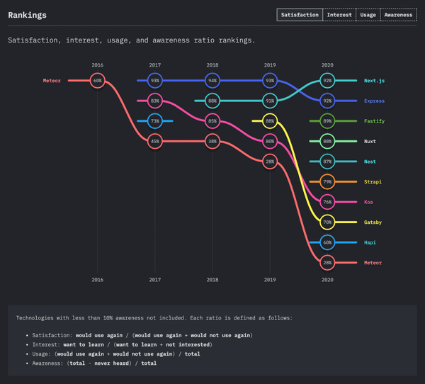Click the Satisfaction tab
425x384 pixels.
tap(299, 14)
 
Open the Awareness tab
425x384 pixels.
tap(399, 14)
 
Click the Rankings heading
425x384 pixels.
tap(27, 14)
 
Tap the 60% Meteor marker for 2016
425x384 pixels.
tap(98, 81)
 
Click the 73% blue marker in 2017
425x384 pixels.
tap(155, 121)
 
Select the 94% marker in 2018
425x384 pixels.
tap(212, 81)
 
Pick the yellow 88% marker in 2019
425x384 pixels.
tap(270, 121)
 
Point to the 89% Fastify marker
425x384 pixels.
tap(327, 121)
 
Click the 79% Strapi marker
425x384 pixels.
tap(327, 182)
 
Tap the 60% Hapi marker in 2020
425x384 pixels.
tap(327, 242)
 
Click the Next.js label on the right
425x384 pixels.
tap(375, 81)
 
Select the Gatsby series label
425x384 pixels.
tap(374, 222)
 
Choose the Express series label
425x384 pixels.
tap(375, 101)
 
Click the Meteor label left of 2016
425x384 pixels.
tap(52, 81)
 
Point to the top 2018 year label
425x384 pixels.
tap(212, 64)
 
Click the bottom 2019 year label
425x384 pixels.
tap(270, 280)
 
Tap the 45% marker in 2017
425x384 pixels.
tap(155, 142)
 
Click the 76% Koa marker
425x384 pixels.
tap(327, 202)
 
